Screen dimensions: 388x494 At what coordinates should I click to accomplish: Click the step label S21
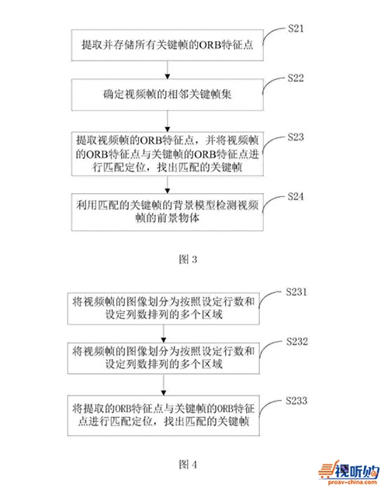tap(296, 29)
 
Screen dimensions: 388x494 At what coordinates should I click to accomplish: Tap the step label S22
tap(296, 78)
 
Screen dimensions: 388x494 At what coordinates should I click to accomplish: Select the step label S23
tap(296, 137)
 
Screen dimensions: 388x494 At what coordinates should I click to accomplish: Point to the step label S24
tap(296, 197)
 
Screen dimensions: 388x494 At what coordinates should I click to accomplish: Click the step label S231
tap(296, 292)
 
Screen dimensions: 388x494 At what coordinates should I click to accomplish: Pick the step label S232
tap(297, 341)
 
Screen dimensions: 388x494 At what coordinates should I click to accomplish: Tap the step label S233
tap(296, 401)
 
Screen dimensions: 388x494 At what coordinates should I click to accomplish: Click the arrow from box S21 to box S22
tap(168, 70)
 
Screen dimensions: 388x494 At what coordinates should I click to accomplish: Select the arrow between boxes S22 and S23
tap(168, 121)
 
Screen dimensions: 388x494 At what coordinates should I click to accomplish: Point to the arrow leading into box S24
tap(168, 185)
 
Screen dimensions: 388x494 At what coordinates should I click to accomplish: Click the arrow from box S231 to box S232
tap(164, 333)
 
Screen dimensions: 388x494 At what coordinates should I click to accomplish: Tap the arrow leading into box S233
tap(164, 385)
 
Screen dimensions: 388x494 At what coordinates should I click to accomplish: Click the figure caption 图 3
tap(188, 259)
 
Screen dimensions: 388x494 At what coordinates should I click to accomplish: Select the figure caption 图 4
tap(188, 464)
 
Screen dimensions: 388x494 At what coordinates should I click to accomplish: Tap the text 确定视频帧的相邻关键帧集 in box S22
tap(168, 94)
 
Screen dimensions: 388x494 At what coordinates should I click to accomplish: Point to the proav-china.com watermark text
tap(352, 482)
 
